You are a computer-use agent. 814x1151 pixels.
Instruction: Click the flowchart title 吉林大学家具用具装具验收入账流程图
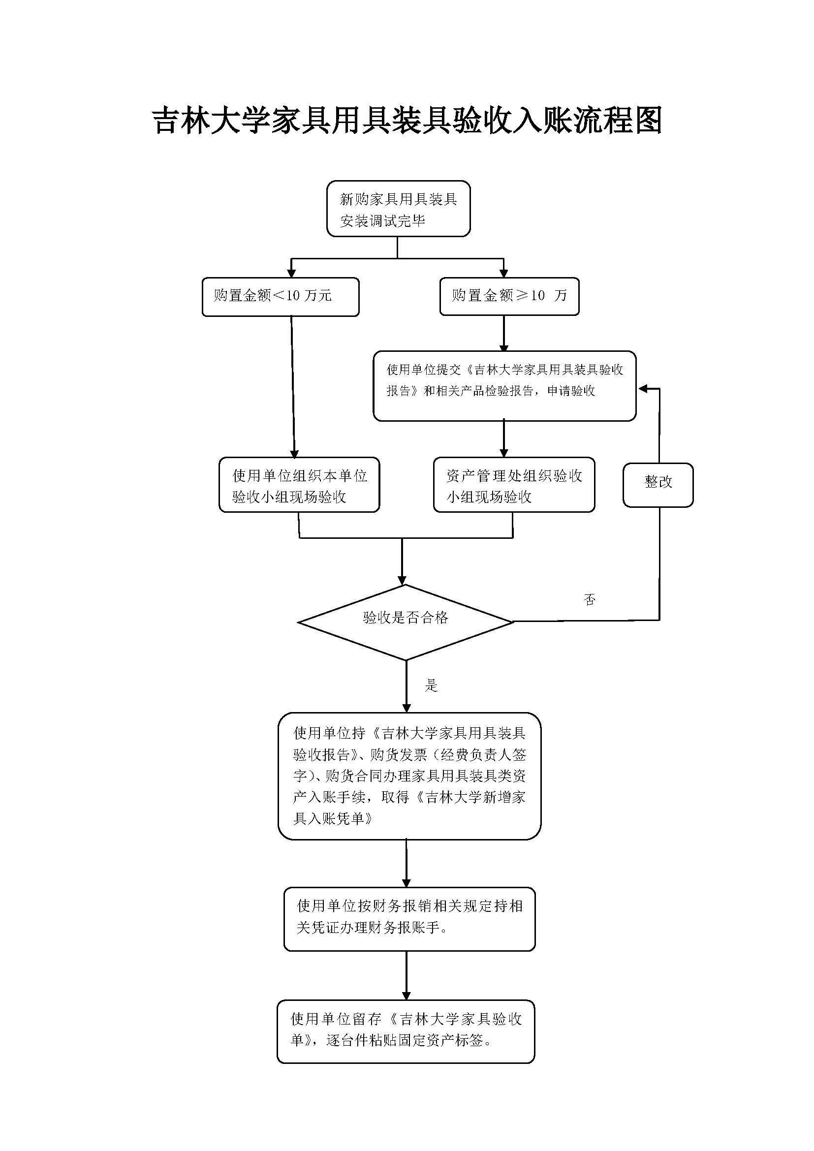coord(407,120)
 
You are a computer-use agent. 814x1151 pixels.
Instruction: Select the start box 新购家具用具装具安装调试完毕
coord(398,209)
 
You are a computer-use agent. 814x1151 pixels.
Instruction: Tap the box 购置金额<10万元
coord(280,296)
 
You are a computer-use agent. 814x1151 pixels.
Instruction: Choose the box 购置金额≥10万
coord(509,296)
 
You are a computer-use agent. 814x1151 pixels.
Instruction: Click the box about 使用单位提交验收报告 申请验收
coord(504,385)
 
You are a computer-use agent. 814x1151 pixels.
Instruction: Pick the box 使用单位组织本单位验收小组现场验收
coord(299,485)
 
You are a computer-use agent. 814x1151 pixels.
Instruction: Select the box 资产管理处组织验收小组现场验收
coord(514,485)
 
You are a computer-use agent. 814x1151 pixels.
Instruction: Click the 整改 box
coord(657,485)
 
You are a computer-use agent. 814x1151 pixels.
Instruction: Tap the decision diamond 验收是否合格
coord(406,622)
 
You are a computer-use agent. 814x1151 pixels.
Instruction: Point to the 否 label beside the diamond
coord(590,599)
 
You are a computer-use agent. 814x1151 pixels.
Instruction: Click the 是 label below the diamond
coord(431,685)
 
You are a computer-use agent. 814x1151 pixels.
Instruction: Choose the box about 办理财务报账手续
coord(409,918)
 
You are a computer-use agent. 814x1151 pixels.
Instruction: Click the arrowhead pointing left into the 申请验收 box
coord(643,389)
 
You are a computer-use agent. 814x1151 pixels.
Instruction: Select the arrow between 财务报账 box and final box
coord(407,975)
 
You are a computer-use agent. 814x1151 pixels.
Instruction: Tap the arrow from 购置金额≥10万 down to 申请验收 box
coord(504,333)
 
